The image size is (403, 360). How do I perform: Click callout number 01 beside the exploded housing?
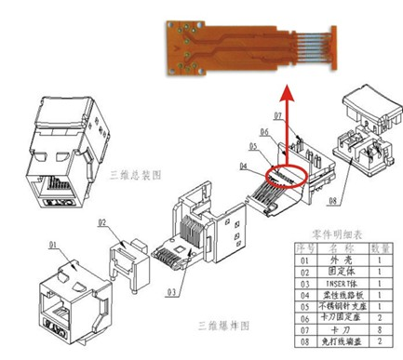click(53, 247)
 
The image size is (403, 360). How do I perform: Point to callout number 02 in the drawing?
click(102, 224)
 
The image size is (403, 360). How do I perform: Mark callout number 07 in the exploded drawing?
click(276, 116)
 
